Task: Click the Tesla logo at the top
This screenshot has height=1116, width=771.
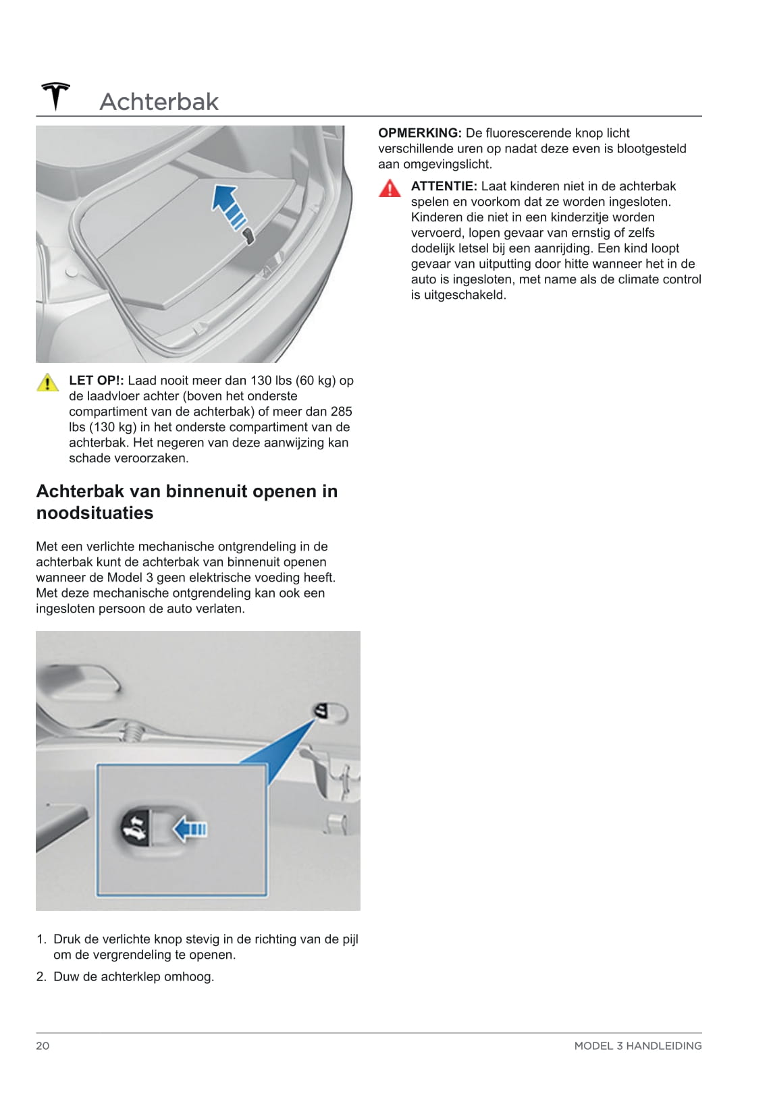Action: [55, 96]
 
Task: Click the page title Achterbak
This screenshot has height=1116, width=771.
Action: [159, 102]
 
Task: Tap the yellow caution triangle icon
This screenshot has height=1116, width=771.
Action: [47, 383]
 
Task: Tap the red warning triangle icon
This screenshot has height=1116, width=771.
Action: [390, 189]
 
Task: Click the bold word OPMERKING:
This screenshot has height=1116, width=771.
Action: [419, 133]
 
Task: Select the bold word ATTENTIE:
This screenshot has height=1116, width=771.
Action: [444, 186]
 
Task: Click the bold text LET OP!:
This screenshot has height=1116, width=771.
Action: [96, 381]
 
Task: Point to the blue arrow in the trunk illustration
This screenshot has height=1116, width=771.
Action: [228, 204]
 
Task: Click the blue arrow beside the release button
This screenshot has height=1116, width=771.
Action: [190, 828]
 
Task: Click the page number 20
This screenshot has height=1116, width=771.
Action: [43, 1046]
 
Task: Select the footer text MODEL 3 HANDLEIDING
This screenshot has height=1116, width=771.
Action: [637, 1046]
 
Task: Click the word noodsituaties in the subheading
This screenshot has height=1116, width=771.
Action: [95, 513]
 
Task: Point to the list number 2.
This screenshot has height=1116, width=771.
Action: [41, 976]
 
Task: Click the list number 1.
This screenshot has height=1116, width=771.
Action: [41, 939]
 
